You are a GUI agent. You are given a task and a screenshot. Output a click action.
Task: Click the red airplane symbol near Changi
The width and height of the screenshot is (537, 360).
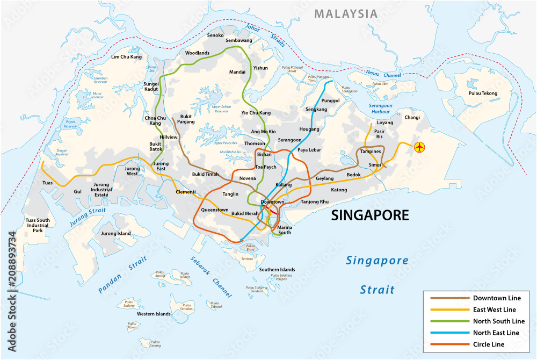coord(420,146)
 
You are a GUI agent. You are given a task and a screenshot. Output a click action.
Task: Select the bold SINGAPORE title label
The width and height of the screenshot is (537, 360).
coord(369,215)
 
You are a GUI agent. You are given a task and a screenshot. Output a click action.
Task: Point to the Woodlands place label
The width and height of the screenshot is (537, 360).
coord(198,53)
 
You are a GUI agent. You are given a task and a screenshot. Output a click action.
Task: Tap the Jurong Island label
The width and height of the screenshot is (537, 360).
coord(116,234)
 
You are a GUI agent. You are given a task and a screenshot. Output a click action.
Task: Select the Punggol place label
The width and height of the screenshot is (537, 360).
coord(330,100)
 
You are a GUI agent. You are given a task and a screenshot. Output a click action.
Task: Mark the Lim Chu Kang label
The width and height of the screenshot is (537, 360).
coord(126,56)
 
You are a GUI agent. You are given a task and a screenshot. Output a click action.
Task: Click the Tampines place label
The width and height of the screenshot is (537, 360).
coord(370,152)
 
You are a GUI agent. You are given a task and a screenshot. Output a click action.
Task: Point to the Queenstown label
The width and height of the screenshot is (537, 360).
coord(215,210)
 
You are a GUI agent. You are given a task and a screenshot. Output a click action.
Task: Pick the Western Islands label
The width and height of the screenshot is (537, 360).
coord(154,314)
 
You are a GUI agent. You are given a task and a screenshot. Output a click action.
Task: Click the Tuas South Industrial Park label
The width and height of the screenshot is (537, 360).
coord(38,225)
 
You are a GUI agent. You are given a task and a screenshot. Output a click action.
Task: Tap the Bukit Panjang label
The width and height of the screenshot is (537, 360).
coord(186,119)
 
